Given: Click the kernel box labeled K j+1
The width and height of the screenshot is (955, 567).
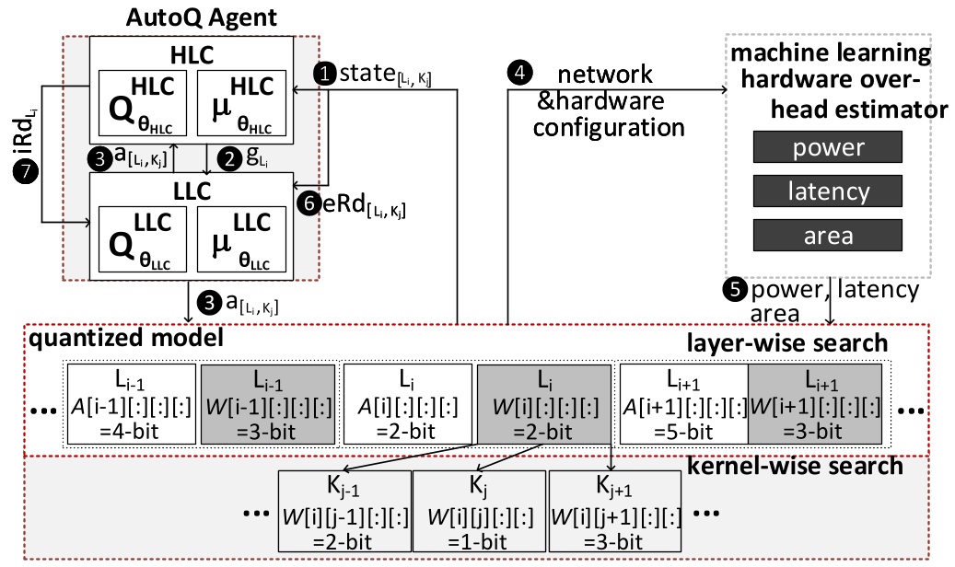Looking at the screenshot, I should click(614, 510).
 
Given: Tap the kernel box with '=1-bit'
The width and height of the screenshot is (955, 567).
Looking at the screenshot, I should click(478, 510).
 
